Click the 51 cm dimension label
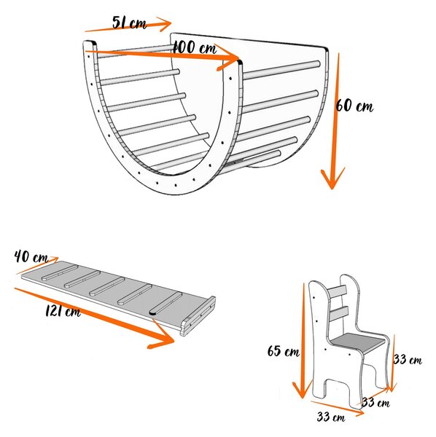129,23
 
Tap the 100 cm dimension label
195,47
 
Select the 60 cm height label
354,106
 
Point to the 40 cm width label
31,256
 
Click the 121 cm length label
63,311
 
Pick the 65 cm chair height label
284,350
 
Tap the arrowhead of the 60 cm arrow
332,178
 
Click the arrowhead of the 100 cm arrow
227,58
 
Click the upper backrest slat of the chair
338,291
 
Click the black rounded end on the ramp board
152,312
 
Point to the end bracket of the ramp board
198,316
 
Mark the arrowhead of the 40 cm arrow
53,260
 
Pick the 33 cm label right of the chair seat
408,359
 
